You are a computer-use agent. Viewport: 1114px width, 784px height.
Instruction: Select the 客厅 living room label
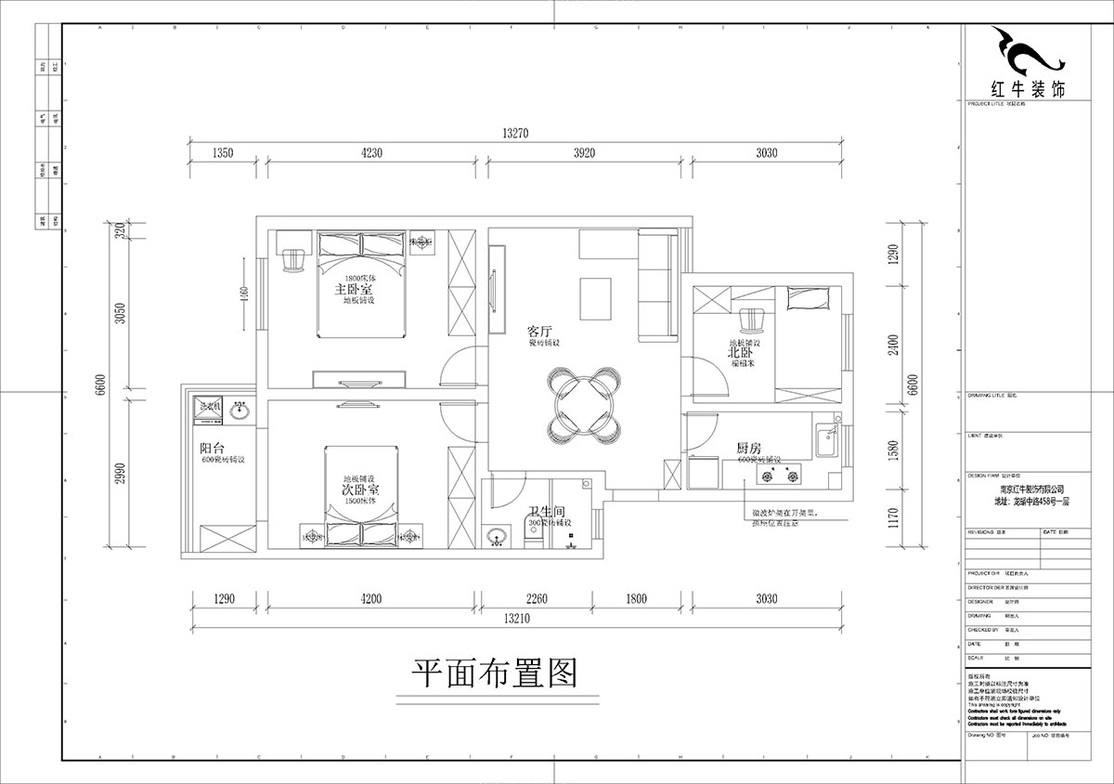(540, 331)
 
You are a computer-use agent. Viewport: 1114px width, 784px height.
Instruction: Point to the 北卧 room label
(739, 353)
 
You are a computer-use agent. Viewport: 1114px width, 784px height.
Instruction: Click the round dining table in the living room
(582, 403)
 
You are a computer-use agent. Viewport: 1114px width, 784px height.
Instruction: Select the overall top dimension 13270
(515, 134)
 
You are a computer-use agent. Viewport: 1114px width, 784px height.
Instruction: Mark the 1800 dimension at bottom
(636, 599)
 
